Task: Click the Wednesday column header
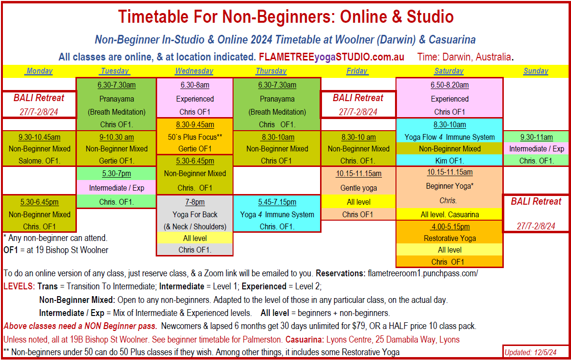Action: click(x=194, y=71)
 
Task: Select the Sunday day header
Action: click(x=536, y=71)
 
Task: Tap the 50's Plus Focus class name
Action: click(x=195, y=137)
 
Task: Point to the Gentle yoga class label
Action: click(x=358, y=188)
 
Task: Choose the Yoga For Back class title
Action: click(x=195, y=214)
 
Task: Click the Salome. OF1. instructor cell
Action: click(x=40, y=161)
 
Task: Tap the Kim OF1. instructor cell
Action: click(x=449, y=161)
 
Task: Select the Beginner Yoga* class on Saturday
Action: click(x=449, y=186)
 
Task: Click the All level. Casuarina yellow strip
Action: click(x=449, y=214)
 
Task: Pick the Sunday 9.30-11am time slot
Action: click(x=536, y=137)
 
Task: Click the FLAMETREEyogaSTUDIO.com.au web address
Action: click(x=331, y=57)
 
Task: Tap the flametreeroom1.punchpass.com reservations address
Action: click(x=423, y=273)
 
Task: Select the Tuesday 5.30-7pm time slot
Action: click(x=117, y=173)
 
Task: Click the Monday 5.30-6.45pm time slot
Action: click(x=40, y=202)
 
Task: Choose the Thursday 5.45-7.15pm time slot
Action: click(x=277, y=202)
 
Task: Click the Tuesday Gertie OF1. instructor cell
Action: click(x=117, y=161)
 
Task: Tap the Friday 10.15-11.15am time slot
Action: click(x=358, y=173)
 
